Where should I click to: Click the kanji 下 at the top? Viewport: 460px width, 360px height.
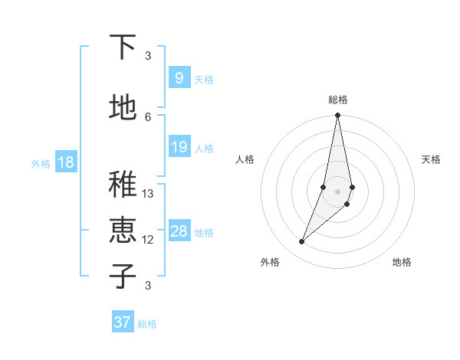pyautogui.click(x=123, y=47)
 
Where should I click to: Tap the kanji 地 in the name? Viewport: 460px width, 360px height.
pyautogui.click(x=123, y=108)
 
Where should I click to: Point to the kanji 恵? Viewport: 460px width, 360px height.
pyautogui.click(x=123, y=231)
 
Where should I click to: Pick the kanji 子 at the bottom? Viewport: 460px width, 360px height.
pyautogui.click(x=123, y=276)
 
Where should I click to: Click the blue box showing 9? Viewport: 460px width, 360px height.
pyautogui.click(x=179, y=78)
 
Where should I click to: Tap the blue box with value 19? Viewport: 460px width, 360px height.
pyautogui.click(x=179, y=147)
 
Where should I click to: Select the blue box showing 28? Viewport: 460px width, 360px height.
pyautogui.click(x=179, y=232)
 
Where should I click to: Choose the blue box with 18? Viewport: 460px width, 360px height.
pyautogui.click(x=65, y=162)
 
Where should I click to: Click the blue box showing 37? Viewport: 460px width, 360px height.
pyautogui.click(x=122, y=322)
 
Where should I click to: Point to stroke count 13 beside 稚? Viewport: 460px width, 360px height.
pyautogui.click(x=148, y=194)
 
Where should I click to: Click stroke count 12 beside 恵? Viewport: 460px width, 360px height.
pyautogui.click(x=148, y=240)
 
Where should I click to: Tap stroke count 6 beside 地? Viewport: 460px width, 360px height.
pyautogui.click(x=148, y=116)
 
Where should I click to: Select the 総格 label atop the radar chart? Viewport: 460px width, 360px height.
pyautogui.click(x=337, y=100)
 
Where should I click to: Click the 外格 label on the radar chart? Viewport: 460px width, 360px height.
pyautogui.click(x=270, y=262)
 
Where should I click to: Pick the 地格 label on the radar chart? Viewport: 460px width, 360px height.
pyautogui.click(x=402, y=262)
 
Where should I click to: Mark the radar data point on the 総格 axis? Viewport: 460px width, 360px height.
pyautogui.click(x=337, y=116)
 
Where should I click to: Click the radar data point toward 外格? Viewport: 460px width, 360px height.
pyautogui.click(x=301, y=242)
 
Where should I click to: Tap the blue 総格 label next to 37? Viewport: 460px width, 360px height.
pyautogui.click(x=147, y=324)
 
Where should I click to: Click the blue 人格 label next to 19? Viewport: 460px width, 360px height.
pyautogui.click(x=204, y=148)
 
